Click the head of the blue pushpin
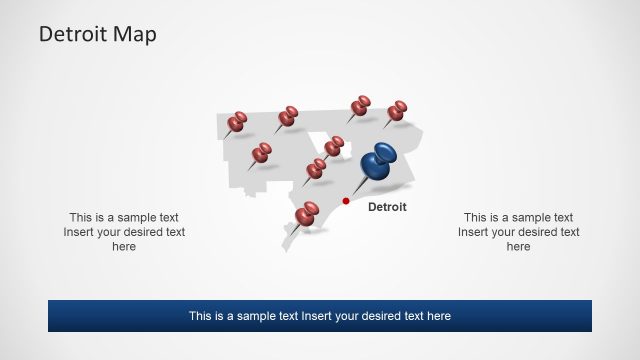pyautogui.click(x=379, y=162)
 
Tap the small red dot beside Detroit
pyautogui.click(x=346, y=201)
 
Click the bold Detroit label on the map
pyautogui.click(x=387, y=207)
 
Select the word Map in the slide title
pyautogui.click(x=135, y=34)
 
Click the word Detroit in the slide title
pyautogui.click(x=73, y=34)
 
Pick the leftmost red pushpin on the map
pyautogui.click(x=237, y=122)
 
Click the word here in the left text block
pyautogui.click(x=124, y=247)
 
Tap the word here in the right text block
pyautogui.click(x=518, y=247)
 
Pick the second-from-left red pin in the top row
pyautogui.click(x=288, y=116)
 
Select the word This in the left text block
pyautogui.click(x=81, y=217)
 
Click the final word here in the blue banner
pyautogui.click(x=438, y=316)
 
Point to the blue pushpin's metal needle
pyautogui.click(x=357, y=187)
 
